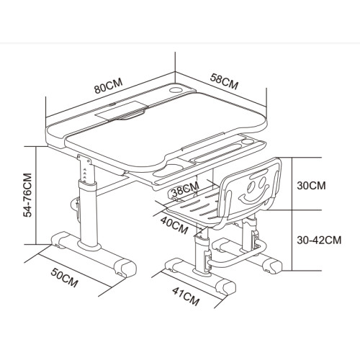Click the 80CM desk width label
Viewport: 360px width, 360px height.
coord(109,86)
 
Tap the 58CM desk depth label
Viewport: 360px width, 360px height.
coord(224,81)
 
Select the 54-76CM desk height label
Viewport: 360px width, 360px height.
coord(27,195)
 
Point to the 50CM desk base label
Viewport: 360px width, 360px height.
coord(65,277)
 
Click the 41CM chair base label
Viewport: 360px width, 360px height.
coord(186,296)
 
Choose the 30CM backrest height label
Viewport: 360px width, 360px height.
coord(311,186)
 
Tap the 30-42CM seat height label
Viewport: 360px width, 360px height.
coord(319,240)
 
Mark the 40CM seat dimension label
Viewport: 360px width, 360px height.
coord(174,225)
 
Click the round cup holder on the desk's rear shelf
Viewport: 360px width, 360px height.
coord(176,90)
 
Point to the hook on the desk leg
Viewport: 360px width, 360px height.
coord(76,208)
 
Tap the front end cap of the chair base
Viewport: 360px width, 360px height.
coord(225,287)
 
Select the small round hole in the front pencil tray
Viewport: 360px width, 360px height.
coord(246,142)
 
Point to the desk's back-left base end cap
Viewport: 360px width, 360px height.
coord(60,238)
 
